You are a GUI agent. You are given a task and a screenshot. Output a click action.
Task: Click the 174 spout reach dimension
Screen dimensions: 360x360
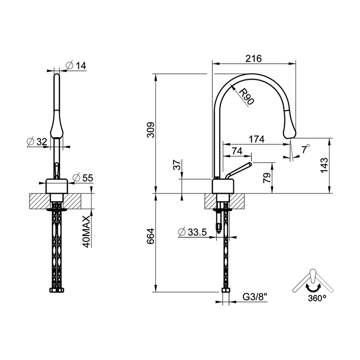(256, 138)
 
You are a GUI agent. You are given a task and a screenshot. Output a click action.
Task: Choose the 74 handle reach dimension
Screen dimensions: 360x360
(237, 151)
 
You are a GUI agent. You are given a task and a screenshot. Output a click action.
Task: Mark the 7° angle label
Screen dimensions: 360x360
(305, 148)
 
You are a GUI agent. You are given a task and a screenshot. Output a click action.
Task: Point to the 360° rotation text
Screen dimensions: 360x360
(317, 298)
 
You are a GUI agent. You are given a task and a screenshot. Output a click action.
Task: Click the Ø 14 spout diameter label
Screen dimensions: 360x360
(76, 65)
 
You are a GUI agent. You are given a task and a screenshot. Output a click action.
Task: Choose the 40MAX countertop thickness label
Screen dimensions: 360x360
(86, 231)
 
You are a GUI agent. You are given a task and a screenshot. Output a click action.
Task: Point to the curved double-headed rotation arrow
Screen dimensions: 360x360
(313, 288)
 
